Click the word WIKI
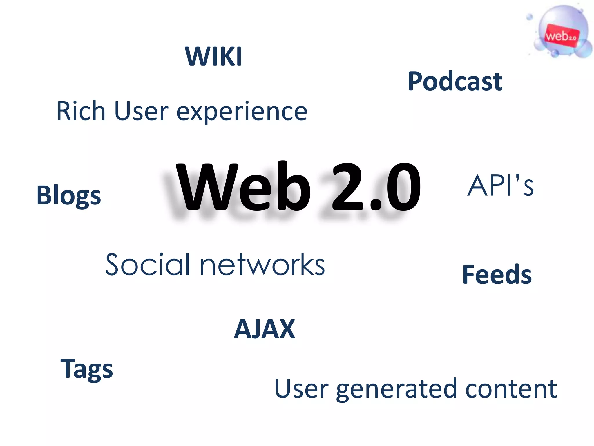[213, 57]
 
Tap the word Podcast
[455, 82]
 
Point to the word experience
[242, 113]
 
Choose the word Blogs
[69, 195]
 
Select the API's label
[500, 186]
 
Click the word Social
[148, 265]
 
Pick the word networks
[262, 265]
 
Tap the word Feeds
[497, 274]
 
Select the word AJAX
[264, 329]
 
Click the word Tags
[86, 369]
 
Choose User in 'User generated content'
[301, 389]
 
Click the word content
[511, 389]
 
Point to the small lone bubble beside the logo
[529, 17]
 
